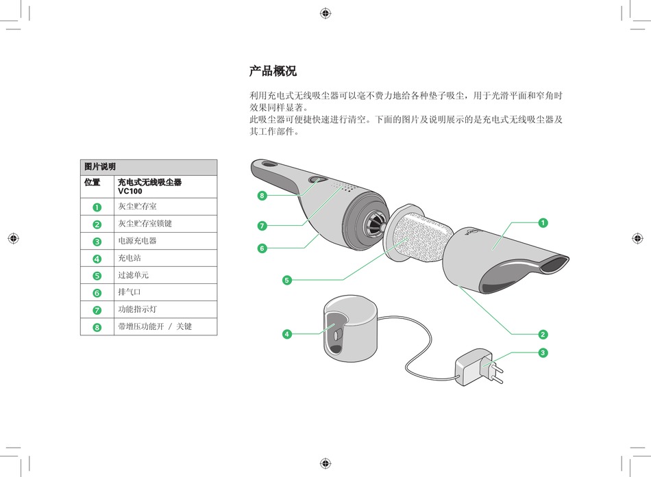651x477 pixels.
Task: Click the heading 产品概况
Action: pos(273,71)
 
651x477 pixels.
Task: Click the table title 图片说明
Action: pos(100,167)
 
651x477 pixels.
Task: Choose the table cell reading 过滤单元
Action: pos(133,276)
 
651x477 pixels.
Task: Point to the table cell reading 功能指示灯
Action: pos(137,310)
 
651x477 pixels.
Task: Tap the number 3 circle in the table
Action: pos(97,242)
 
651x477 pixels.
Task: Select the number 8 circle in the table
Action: pos(97,327)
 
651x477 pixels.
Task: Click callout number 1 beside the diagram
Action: pos(542,222)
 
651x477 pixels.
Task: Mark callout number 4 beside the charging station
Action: pos(287,334)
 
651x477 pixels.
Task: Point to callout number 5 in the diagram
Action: pos(287,279)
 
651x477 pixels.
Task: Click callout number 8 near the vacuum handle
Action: pos(262,196)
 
